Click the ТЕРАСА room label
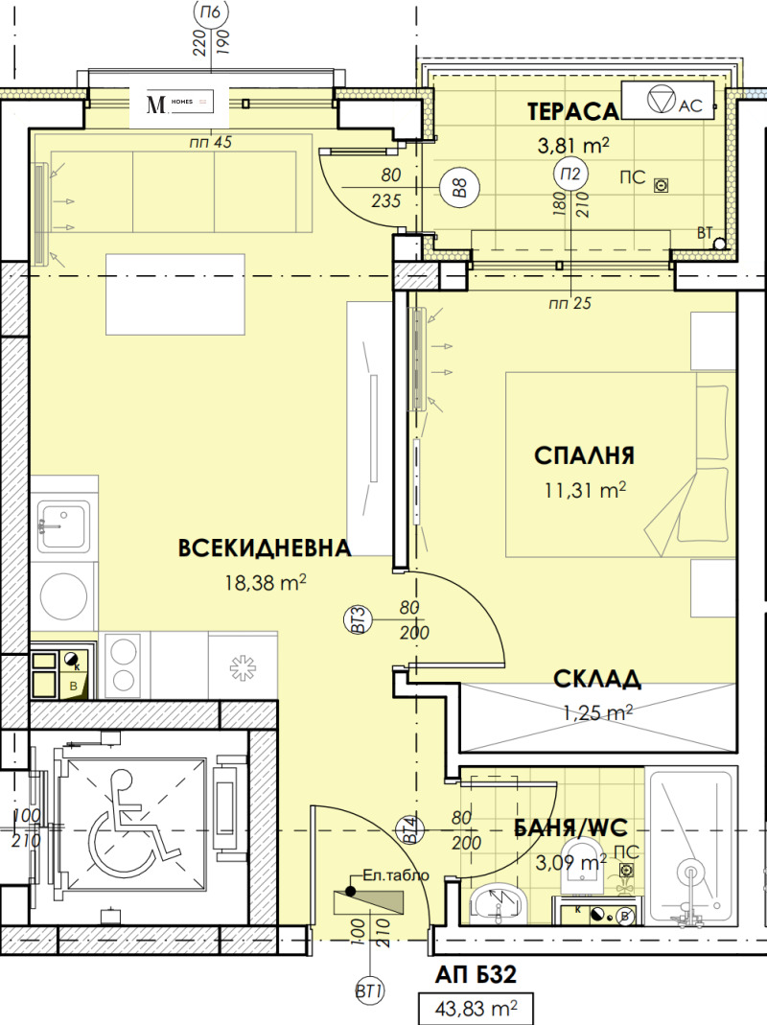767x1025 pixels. click(572, 112)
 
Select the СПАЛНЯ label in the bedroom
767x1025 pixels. click(584, 455)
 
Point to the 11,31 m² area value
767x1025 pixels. click(584, 490)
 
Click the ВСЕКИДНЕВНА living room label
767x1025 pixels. click(265, 547)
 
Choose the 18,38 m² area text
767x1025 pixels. click(263, 581)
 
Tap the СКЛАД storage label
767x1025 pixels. click(596, 680)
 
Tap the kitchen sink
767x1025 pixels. click(63, 524)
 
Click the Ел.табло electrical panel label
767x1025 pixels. click(389, 875)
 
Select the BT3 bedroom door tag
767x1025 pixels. click(356, 618)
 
